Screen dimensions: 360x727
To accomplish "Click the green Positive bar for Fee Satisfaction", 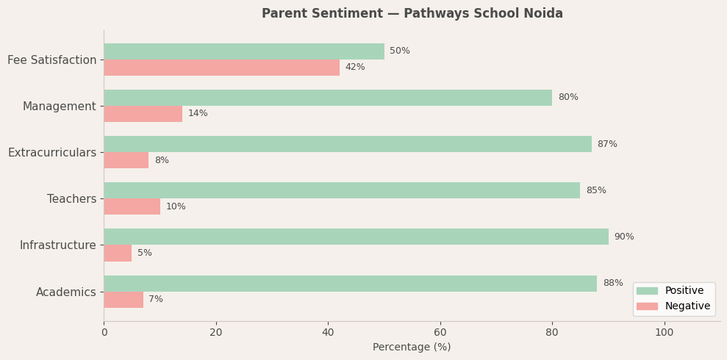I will tap(243, 51).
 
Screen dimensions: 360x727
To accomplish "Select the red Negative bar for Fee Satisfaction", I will tap(221, 68).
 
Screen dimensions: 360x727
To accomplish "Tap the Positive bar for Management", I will tap(328, 98).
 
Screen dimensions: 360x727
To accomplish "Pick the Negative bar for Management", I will tap(143, 114).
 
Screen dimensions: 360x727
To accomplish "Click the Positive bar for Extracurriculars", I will tap(347, 144).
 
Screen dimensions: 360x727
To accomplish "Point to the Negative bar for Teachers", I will tap(132, 206).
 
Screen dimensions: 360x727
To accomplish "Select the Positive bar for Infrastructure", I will tap(356, 237).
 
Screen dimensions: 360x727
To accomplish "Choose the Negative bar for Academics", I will tap(123, 300).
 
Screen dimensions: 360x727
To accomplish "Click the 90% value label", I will tap(624, 237).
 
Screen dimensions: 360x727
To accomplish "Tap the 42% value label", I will tap(355, 68).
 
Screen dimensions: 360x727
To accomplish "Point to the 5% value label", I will tap(145, 253).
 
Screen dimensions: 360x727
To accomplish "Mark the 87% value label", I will tap(607, 144).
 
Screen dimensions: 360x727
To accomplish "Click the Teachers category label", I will tap(71, 199).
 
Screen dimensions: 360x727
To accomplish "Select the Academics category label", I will tap(66, 292).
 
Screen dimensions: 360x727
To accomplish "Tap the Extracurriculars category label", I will tap(52, 153).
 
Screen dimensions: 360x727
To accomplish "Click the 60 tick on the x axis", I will tap(440, 332).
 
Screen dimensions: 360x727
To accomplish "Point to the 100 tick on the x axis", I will tap(665, 332).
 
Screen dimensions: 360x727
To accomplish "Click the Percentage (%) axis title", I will tap(412, 348).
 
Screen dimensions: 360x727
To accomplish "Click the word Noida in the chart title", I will tap(544, 14).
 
